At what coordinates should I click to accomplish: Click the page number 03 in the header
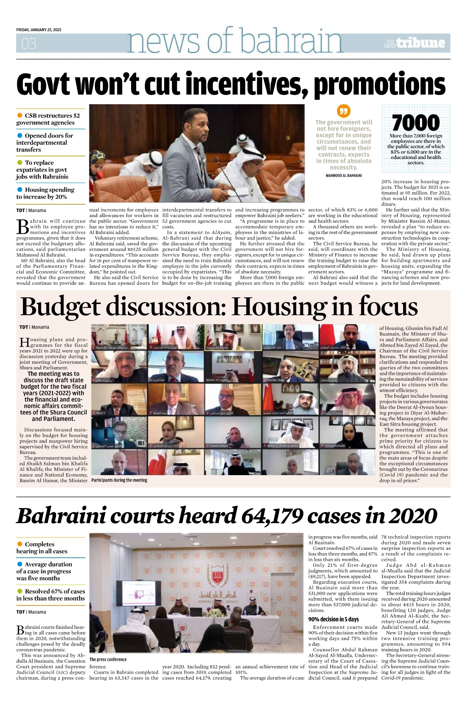(29, 43)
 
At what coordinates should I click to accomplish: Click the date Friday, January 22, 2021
(39, 30)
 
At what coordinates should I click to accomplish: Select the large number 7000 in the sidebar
(416, 122)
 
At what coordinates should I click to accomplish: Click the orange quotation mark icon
(344, 111)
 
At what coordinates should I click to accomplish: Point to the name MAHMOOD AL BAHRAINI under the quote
(344, 175)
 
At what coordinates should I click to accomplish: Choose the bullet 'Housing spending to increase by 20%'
(45, 193)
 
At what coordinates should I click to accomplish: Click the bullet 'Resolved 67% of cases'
(50, 595)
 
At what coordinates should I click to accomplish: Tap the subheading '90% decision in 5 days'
(333, 619)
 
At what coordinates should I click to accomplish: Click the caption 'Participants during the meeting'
(119, 480)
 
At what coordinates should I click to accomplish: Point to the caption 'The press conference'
(108, 659)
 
